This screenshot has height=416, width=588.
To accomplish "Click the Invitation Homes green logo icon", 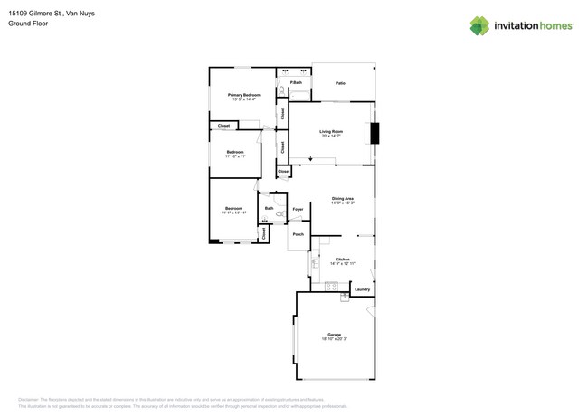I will tap(479, 25).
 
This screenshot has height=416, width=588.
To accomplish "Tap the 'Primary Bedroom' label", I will tap(243, 94).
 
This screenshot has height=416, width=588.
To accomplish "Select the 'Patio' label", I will tap(340, 83).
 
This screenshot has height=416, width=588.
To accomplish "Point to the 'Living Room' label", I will tap(331, 131).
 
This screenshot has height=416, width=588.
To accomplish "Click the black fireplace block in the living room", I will tap(375, 133).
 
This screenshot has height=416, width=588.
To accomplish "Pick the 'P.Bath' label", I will tap(296, 82).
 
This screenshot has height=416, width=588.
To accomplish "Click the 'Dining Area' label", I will tap(342, 198).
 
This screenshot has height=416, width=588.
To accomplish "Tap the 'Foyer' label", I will tap(298, 209).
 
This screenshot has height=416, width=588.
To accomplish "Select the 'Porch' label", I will tap(298, 234).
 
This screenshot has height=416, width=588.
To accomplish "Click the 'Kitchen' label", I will tap(342, 259).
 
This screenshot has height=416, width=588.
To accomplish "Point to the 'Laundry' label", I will tap(362, 289).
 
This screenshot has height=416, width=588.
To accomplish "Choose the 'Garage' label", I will tap(334, 334).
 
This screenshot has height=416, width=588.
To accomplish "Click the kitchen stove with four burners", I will tap(331, 287).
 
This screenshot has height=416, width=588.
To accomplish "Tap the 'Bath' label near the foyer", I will tap(269, 208).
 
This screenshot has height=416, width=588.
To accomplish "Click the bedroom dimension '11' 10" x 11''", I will tap(235, 156).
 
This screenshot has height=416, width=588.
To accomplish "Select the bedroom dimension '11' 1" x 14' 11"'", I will tap(233, 213).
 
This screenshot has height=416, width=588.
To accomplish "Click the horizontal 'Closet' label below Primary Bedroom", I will tap(223, 126).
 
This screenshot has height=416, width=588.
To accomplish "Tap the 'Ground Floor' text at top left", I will tap(28, 24).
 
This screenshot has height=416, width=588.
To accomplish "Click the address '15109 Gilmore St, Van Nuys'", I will tap(52, 14).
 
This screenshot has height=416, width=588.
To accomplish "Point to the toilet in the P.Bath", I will tap(281, 90).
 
